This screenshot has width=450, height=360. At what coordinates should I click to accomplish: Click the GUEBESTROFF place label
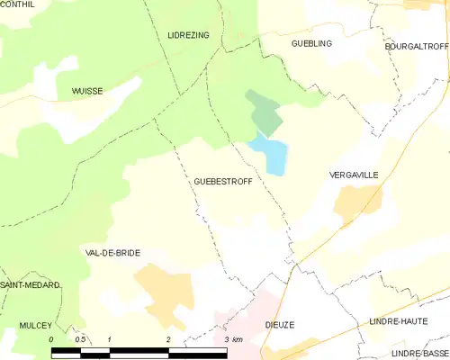(x=223, y=181)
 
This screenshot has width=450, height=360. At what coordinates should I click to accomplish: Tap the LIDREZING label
(x=188, y=35)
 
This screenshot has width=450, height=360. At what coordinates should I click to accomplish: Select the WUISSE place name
(x=87, y=91)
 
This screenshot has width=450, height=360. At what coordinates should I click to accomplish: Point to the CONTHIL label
(x=18, y=4)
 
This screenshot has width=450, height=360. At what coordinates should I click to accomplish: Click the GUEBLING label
(x=311, y=43)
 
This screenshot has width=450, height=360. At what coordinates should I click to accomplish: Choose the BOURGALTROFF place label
(x=415, y=47)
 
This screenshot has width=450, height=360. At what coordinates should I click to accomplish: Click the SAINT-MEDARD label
(x=30, y=284)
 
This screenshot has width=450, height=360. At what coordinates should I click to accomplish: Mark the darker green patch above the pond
(x=265, y=112)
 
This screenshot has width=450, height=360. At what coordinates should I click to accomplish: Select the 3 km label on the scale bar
(x=231, y=339)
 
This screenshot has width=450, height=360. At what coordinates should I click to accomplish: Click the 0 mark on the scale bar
(x=51, y=339)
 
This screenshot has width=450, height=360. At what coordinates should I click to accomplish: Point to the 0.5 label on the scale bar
(x=79, y=339)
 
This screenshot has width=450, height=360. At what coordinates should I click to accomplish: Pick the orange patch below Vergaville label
(x=357, y=204)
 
